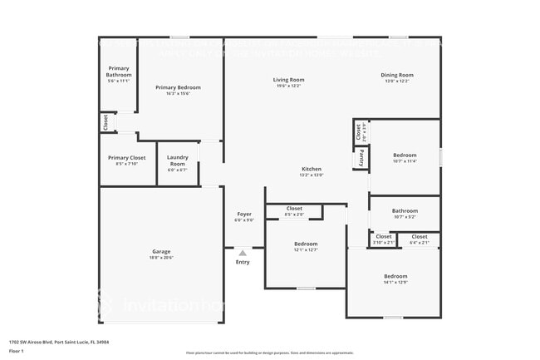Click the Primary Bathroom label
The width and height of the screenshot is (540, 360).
click(x=119, y=72)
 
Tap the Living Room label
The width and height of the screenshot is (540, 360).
click(x=289, y=80)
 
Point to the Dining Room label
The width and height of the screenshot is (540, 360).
click(x=397, y=76)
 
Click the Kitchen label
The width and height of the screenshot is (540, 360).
click(x=311, y=170)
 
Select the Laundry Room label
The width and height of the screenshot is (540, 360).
click(x=177, y=160)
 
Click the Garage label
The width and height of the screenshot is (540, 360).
click(x=161, y=251)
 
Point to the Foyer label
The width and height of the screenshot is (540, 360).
click(x=243, y=215)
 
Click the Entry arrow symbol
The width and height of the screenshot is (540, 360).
click(x=243, y=253)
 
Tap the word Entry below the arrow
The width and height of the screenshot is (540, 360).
click(x=243, y=262)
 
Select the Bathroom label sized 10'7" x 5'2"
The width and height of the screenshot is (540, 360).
click(x=405, y=211)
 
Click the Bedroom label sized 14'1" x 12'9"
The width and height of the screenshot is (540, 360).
click(x=395, y=276)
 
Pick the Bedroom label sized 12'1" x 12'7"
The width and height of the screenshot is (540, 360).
click(x=306, y=244)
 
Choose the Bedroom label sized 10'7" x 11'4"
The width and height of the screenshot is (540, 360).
click(x=405, y=155)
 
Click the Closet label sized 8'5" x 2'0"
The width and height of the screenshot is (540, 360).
click(x=294, y=209)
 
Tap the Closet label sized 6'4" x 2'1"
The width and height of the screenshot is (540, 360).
click(x=420, y=237)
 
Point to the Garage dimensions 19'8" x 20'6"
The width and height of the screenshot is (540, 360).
click(x=161, y=258)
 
